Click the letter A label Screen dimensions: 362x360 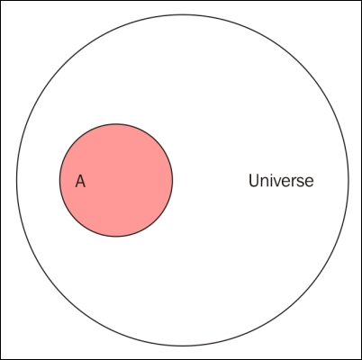pos(80,181)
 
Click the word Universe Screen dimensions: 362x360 pos(281,181)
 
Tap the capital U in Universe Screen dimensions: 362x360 pos(254,181)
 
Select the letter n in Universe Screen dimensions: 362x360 pos(266,183)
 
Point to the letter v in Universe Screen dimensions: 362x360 pos(280,183)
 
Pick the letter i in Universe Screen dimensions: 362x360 pos(273,181)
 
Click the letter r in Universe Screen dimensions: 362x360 pos(296,183)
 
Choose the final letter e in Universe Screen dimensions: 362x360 pos(310,183)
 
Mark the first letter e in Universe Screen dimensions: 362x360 pos(289,183)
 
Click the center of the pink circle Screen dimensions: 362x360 pos(116,180)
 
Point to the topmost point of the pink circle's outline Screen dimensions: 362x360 pos(116,123)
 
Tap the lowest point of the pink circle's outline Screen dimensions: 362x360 pos(116,237)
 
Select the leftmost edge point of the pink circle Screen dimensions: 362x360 pos(59,180)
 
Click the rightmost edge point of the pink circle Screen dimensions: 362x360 pos(173,180)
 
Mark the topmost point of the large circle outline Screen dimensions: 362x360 pos(183,14)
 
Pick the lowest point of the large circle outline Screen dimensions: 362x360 pos(183,346)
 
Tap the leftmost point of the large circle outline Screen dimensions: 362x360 pos(16,180)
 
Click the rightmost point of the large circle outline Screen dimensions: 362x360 pos(349,180)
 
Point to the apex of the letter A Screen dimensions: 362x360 pos(80,175)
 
